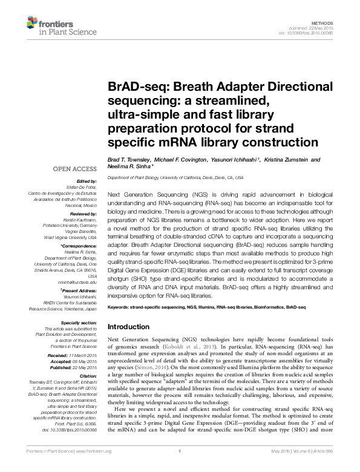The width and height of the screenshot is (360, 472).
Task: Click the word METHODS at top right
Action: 328,21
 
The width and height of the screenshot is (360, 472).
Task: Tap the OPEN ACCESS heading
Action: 76,169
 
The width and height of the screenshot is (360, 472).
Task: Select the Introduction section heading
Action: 129,327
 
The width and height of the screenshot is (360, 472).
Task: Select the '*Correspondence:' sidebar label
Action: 79,246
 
